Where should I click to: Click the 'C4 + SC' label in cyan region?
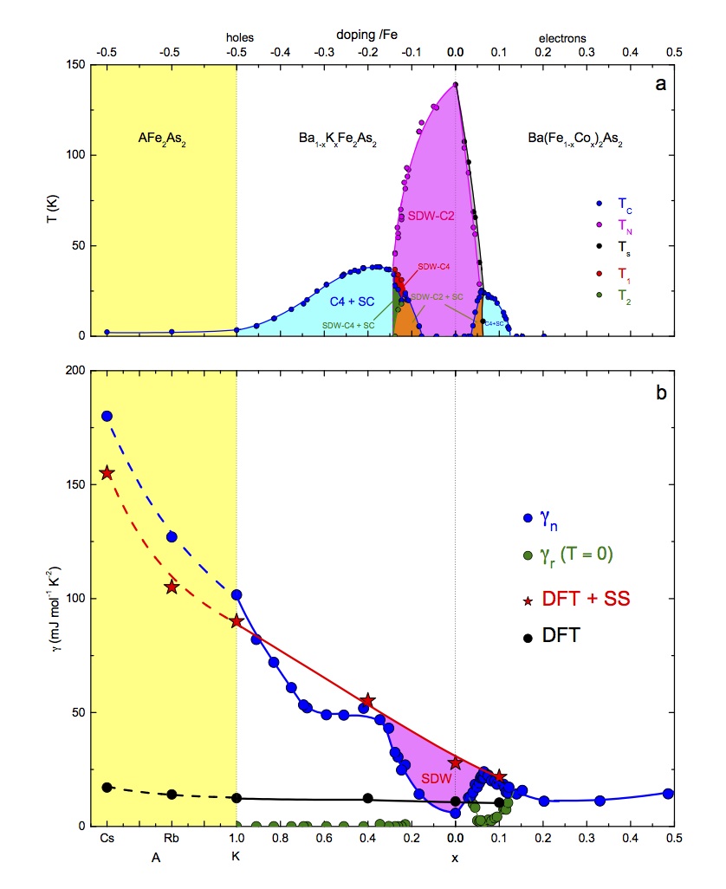(350, 301)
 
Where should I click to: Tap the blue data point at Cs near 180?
(107, 416)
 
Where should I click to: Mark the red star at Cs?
(107, 473)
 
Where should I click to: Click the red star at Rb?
(172, 587)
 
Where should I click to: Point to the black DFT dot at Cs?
(107, 787)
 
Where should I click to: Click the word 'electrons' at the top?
(562, 38)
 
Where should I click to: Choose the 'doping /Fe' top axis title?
(367, 34)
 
